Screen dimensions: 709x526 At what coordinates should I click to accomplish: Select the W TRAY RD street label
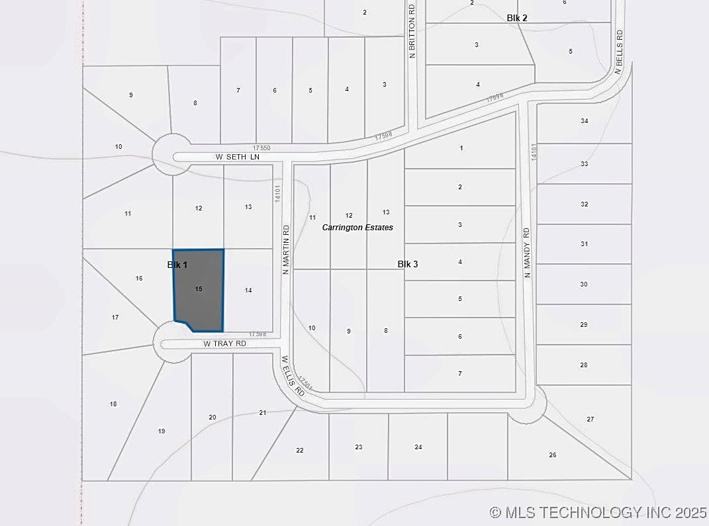(x=224, y=344)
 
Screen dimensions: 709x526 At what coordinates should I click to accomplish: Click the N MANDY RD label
(x=527, y=252)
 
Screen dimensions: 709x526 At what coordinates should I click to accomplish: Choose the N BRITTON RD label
(x=412, y=32)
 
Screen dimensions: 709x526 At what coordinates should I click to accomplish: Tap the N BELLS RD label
(x=620, y=52)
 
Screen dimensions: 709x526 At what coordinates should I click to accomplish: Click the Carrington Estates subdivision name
(x=357, y=228)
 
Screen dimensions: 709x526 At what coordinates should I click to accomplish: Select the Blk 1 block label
(x=177, y=265)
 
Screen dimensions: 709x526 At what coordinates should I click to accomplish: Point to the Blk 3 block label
(x=407, y=264)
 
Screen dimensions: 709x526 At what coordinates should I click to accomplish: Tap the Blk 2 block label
(x=517, y=18)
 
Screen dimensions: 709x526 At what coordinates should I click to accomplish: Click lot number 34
(x=584, y=121)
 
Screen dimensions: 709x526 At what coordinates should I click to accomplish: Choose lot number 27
(x=590, y=419)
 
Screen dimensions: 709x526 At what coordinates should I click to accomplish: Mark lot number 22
(x=299, y=450)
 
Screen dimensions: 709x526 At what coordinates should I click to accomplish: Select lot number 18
(x=113, y=404)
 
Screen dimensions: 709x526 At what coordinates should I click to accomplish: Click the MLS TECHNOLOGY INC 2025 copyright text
(x=598, y=512)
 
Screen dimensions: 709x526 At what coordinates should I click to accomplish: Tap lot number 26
(x=552, y=455)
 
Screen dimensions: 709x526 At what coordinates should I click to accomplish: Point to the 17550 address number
(x=261, y=148)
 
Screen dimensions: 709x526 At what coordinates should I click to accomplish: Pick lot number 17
(x=115, y=318)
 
